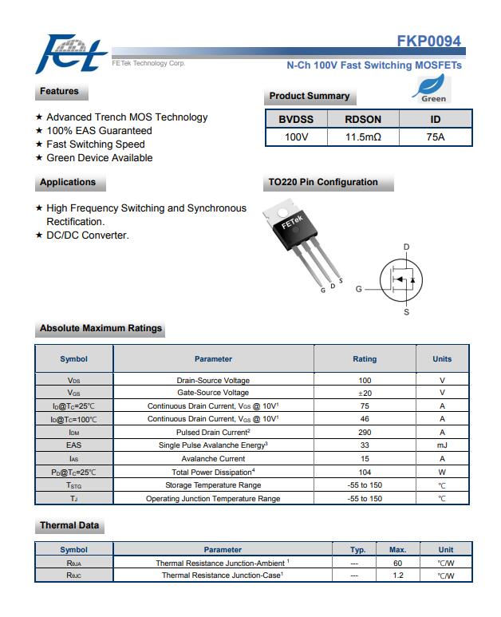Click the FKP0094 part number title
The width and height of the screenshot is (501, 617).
pyautogui.click(x=428, y=42)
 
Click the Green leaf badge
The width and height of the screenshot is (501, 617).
pyautogui.click(x=434, y=89)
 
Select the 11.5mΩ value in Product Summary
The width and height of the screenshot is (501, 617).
pyautogui.click(x=363, y=137)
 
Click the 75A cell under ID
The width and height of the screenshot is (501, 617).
pyautogui.click(x=436, y=137)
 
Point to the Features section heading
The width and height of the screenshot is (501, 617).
pyautogui.click(x=60, y=92)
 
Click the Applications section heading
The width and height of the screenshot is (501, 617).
pyautogui.click(x=68, y=183)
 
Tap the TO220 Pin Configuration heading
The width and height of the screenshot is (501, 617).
pyautogui.click(x=323, y=183)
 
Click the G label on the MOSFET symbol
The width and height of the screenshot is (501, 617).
pyautogui.click(x=359, y=289)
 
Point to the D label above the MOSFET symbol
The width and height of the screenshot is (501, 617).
pyautogui.click(x=406, y=247)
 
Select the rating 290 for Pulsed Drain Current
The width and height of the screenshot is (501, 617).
pyautogui.click(x=365, y=433)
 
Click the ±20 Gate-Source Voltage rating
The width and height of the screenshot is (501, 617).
pyautogui.click(x=365, y=393)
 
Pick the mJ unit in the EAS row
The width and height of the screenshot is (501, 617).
pyautogui.click(x=442, y=445)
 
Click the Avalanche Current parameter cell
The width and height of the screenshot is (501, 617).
pyautogui.click(x=213, y=459)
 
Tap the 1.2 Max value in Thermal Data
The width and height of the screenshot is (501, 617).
pyautogui.click(x=397, y=575)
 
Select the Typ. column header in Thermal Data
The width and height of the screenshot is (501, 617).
pyautogui.click(x=358, y=550)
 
